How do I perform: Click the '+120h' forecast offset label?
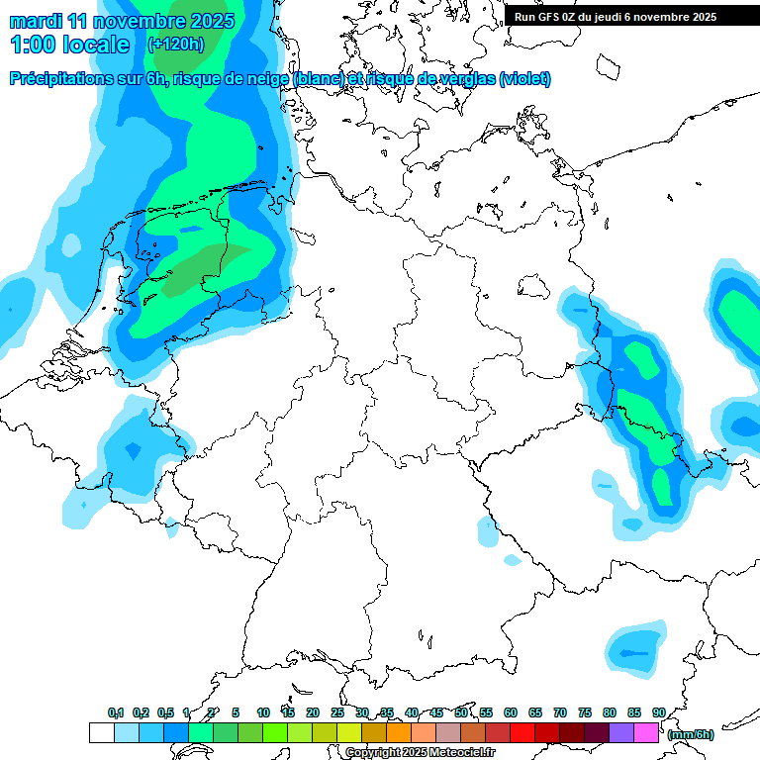[x=175, y=45]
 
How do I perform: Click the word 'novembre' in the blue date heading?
[x=135, y=20]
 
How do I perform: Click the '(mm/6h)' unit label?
[x=690, y=734]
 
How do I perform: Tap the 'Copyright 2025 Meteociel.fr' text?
[x=420, y=752]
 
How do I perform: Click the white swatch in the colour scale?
[x=101, y=733]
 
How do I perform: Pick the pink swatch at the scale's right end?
[x=646, y=733]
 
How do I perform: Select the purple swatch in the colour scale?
[x=621, y=733]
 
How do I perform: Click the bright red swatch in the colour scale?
[x=522, y=733]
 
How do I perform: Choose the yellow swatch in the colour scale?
[x=348, y=733]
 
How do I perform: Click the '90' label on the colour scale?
[x=658, y=712]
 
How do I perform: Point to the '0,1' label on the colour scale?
[x=115, y=712]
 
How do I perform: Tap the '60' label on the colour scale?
[x=511, y=712]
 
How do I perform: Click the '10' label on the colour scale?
[x=263, y=712]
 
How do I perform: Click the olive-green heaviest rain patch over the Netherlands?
[x=194, y=270]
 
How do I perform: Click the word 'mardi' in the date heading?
[x=35, y=20]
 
